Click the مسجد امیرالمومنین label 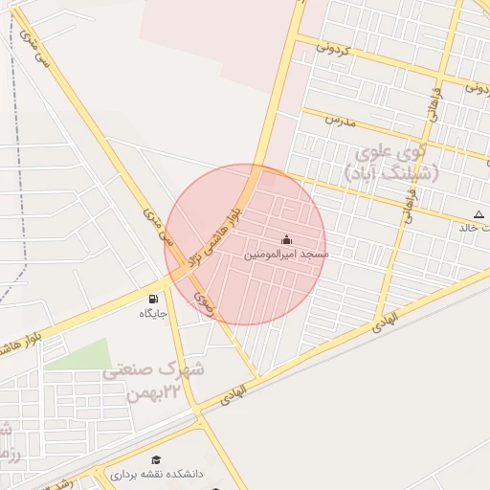coord(285,256)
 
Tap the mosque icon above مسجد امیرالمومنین coord(285,239)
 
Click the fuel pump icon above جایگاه coord(154,298)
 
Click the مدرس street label coord(340,122)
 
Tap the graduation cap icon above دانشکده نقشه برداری coord(155,460)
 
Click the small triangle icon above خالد coord(478,213)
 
